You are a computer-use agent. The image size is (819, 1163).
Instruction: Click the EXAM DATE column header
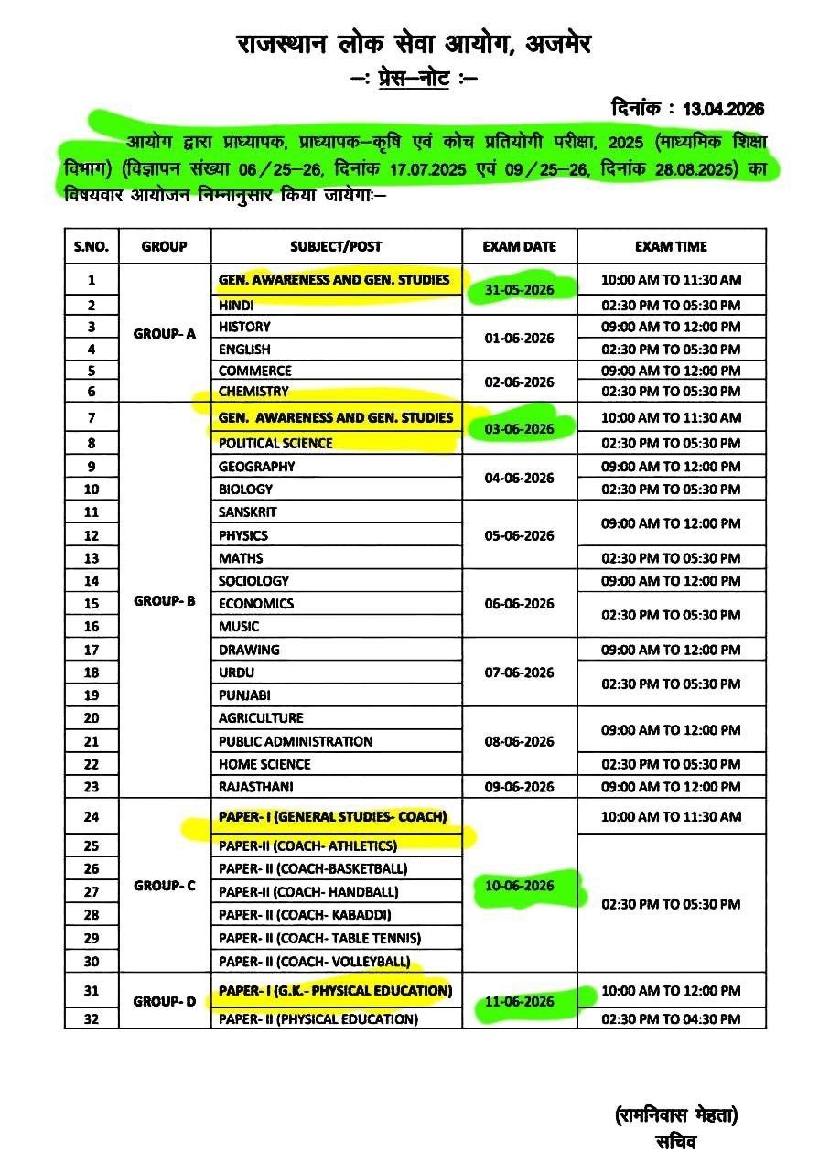pos(520,246)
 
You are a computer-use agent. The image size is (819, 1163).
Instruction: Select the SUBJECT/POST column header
pos(336,246)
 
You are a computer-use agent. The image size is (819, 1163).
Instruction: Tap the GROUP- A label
pos(165,334)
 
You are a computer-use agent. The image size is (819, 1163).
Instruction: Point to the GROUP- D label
pos(165,1002)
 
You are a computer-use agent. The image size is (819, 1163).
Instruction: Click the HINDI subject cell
pos(237,305)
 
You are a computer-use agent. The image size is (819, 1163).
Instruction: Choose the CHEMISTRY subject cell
pos(253,392)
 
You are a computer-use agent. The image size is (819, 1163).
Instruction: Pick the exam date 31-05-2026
pos(520,290)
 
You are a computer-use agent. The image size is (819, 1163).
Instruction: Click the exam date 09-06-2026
pos(520,787)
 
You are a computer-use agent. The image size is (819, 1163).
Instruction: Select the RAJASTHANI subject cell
pos(256,787)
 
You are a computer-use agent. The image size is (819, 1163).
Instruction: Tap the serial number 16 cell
pos(91,627)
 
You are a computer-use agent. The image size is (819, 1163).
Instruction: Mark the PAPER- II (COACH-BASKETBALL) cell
pos(313,868)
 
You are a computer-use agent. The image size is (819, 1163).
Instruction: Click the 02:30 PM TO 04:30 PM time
pos(671,1018)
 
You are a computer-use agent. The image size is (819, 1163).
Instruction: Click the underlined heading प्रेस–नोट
pos(414,80)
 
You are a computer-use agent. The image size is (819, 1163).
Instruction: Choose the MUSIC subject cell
pos(239,627)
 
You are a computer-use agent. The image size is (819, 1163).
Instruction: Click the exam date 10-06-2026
pos(520,886)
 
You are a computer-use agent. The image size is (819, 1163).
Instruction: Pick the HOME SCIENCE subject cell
pos(264,764)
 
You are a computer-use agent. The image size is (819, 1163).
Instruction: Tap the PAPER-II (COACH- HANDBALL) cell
pos(308,891)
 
